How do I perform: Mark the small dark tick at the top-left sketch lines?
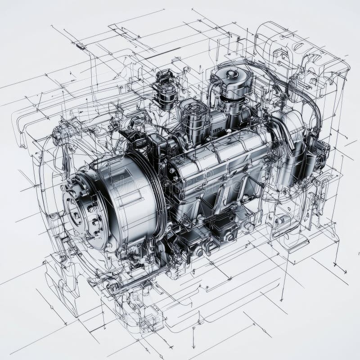80,46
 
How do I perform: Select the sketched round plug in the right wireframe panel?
281,220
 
